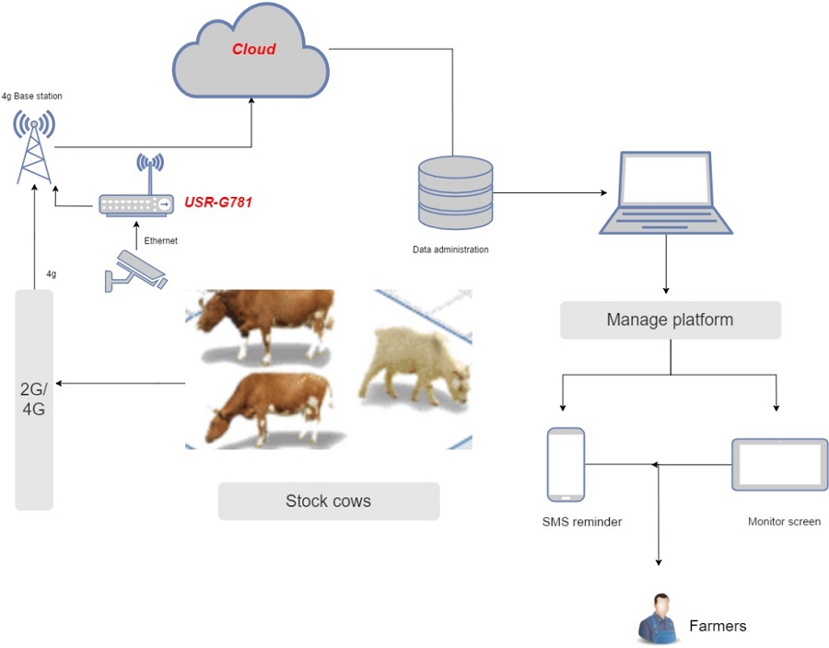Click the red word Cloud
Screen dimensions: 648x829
pyautogui.click(x=253, y=49)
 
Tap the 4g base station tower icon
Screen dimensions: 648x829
pyautogui.click(x=34, y=146)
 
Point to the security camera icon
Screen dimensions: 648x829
pyautogui.click(x=134, y=271)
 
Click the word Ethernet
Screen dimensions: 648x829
pyautogui.click(x=161, y=240)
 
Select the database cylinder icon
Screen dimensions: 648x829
pyautogui.click(x=455, y=192)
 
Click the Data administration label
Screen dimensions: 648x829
pyautogui.click(x=450, y=249)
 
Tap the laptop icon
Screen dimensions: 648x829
pyautogui.click(x=664, y=193)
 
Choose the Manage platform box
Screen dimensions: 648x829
pyautogui.click(x=670, y=320)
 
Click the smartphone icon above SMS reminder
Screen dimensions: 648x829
pyautogui.click(x=566, y=464)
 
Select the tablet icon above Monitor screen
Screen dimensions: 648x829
pyautogui.click(x=778, y=465)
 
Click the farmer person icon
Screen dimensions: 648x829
pyautogui.click(x=657, y=618)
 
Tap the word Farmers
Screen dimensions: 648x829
pyautogui.click(x=718, y=626)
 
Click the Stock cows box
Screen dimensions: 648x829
pyautogui.click(x=328, y=502)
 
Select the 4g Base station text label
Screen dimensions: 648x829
pyautogui.click(x=32, y=96)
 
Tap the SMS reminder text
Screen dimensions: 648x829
pyautogui.click(x=582, y=522)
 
